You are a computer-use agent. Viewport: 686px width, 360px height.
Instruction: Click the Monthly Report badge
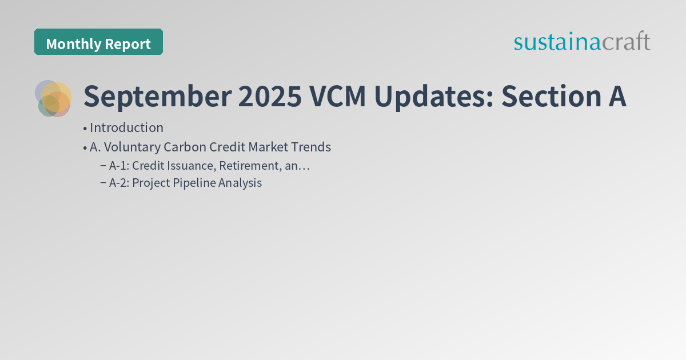98,42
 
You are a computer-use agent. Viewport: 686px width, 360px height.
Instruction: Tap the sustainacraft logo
581,42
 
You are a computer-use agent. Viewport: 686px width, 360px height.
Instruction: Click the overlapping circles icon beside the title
53,98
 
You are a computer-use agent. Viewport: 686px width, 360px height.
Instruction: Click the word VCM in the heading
341,97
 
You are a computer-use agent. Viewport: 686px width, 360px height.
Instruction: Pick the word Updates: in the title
434,97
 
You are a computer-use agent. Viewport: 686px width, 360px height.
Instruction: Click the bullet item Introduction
126,128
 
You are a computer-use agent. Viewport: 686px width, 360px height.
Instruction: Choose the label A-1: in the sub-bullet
119,166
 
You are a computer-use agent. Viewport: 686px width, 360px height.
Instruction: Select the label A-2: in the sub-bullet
119,183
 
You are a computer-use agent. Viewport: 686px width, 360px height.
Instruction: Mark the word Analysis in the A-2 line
240,183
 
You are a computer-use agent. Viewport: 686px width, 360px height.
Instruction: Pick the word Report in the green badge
129,44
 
